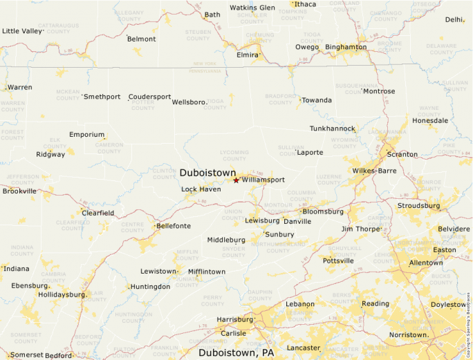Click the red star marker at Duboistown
236,180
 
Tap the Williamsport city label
263,180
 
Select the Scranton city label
402,154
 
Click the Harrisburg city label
234,319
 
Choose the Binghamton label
345,47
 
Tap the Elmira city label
247,55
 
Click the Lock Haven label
201,189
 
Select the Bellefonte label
173,226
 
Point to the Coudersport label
149,97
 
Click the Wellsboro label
189,102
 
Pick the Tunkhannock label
332,129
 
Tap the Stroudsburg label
418,206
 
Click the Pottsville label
338,260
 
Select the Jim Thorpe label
361,229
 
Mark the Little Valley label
22,31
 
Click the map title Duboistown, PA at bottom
236,352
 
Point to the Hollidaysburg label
62,294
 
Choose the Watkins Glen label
252,8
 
